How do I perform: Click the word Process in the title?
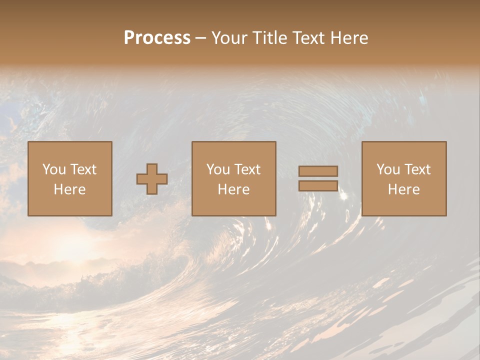point(157,38)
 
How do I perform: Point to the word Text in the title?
point(306,38)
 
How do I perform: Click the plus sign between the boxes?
point(152,179)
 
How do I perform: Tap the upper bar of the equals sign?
point(318,171)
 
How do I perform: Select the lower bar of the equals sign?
point(318,185)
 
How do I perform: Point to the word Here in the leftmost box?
point(69,189)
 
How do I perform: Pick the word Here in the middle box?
point(233,189)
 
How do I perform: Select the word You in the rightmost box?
point(387,169)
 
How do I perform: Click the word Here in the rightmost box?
point(403,189)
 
